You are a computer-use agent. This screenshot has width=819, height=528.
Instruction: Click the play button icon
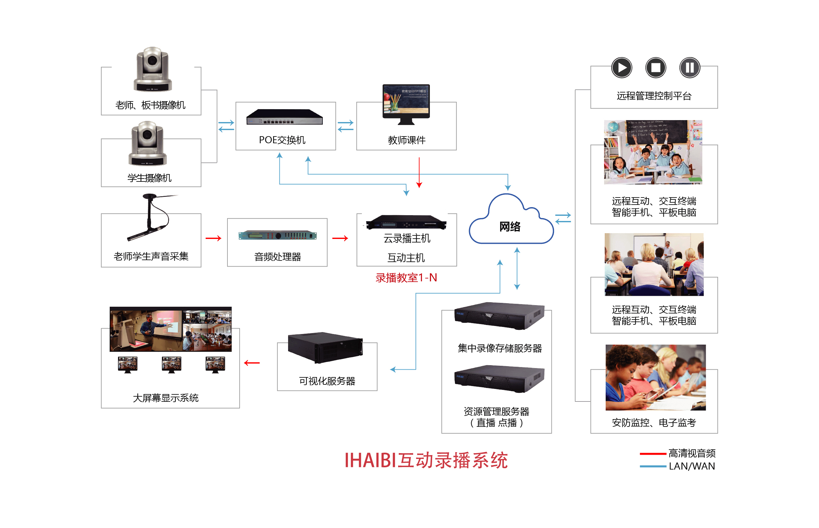click(621, 67)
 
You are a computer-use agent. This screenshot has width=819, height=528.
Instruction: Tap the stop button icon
click(655, 67)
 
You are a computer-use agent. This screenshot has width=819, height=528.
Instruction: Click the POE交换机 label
click(282, 140)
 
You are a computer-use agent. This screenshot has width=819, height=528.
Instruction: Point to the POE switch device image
click(284, 117)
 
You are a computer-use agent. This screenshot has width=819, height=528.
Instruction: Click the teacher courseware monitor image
click(406, 103)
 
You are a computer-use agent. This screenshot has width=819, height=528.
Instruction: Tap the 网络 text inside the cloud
click(509, 227)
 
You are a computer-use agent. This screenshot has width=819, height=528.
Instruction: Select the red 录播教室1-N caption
click(406, 277)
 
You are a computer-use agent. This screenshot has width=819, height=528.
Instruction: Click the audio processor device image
click(277, 235)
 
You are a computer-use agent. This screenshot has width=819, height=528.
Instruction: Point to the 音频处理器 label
click(277, 257)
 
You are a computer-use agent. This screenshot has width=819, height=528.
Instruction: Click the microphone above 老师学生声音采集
click(151, 218)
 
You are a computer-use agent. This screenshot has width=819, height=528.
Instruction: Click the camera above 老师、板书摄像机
click(152, 70)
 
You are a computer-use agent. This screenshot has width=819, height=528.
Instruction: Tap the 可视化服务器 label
click(327, 381)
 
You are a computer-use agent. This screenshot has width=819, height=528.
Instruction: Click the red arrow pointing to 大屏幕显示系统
click(252, 363)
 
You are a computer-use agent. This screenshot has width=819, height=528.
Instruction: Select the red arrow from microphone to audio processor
click(213, 238)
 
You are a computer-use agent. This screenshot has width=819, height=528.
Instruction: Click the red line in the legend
click(653, 453)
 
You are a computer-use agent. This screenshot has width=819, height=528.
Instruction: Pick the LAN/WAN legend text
click(692, 466)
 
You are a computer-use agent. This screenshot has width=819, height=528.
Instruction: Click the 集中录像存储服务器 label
click(499, 348)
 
